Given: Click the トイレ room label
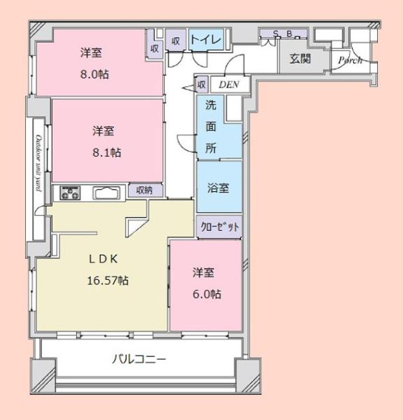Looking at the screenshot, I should coord(206,41).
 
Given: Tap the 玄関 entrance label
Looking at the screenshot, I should coord(300,59).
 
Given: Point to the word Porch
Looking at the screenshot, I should coord(349,60).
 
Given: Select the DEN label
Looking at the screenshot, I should coord(228,85).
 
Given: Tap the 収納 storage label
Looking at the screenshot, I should coord(144,190).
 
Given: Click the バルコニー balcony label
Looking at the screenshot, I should coord(139,360).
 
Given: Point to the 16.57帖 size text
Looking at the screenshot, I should coord(108,281).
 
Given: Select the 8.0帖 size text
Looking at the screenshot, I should coord(94,73).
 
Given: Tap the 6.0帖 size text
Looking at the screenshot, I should coord(207,295).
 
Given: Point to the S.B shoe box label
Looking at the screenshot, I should coord(282,34).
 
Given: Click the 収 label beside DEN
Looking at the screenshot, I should coord(202,84).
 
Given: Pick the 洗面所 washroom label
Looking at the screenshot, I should coord(210,127).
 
